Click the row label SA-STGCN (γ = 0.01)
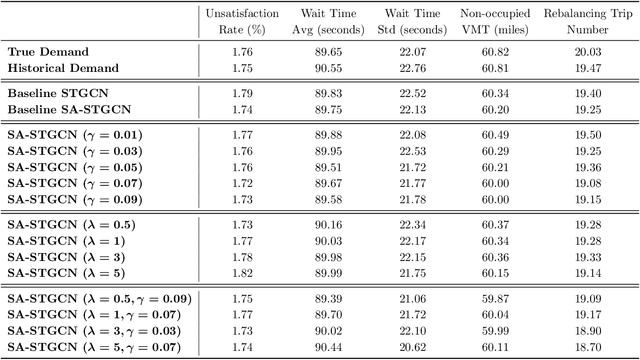74,135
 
